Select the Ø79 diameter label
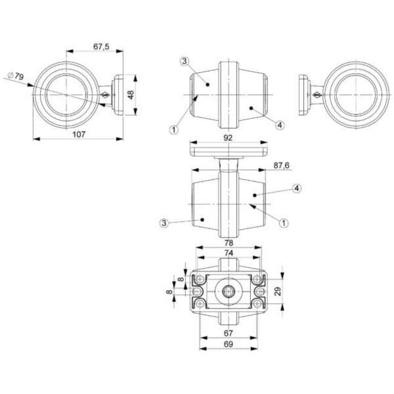16,76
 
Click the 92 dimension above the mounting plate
229,138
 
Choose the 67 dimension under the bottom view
229,333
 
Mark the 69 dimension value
229,344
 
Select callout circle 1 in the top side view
173,129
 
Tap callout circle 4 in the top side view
279,125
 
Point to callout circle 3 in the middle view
164,224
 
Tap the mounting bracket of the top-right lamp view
307,95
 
